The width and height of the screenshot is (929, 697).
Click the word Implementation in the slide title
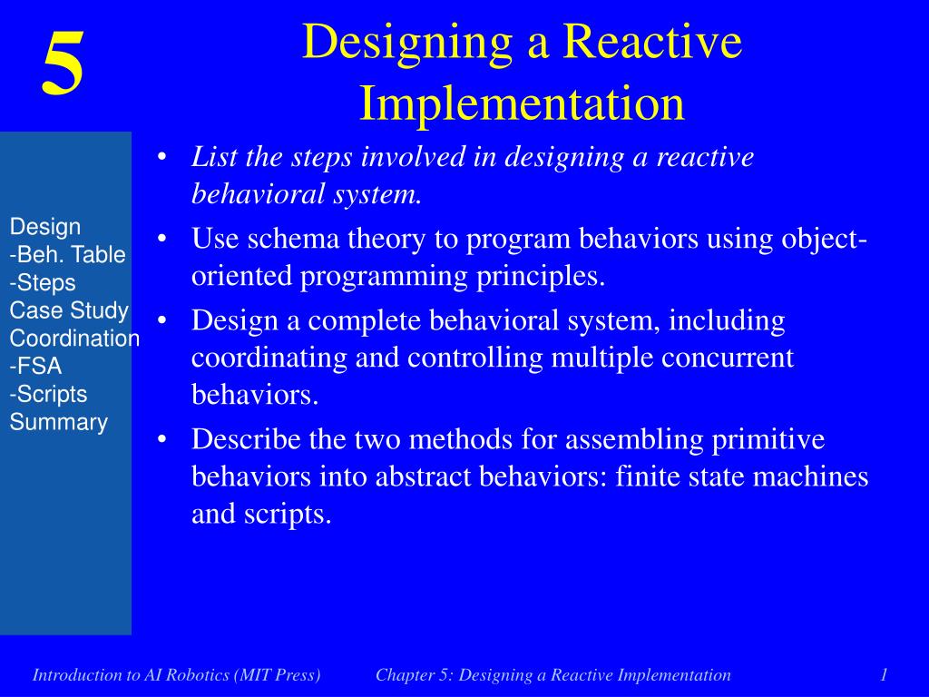(522, 103)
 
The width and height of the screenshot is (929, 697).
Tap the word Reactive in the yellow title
(653, 42)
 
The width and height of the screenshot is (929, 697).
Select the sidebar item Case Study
(69, 310)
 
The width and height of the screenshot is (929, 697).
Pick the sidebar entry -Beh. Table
(67, 255)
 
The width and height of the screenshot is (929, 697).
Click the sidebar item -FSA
(35, 367)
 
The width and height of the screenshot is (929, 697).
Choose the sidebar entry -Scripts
(48, 394)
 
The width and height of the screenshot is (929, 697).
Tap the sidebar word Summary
(59, 422)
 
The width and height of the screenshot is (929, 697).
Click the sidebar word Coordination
(74, 339)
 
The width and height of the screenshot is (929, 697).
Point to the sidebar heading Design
(45, 227)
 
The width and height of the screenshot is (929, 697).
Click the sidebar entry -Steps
(43, 283)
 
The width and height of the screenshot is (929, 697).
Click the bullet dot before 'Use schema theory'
(161, 240)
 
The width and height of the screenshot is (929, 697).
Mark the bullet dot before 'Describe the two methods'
(161, 440)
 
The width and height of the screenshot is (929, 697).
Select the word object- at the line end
(823, 240)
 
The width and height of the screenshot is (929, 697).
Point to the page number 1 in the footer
(883, 674)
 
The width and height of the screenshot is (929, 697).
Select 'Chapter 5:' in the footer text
(416, 674)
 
